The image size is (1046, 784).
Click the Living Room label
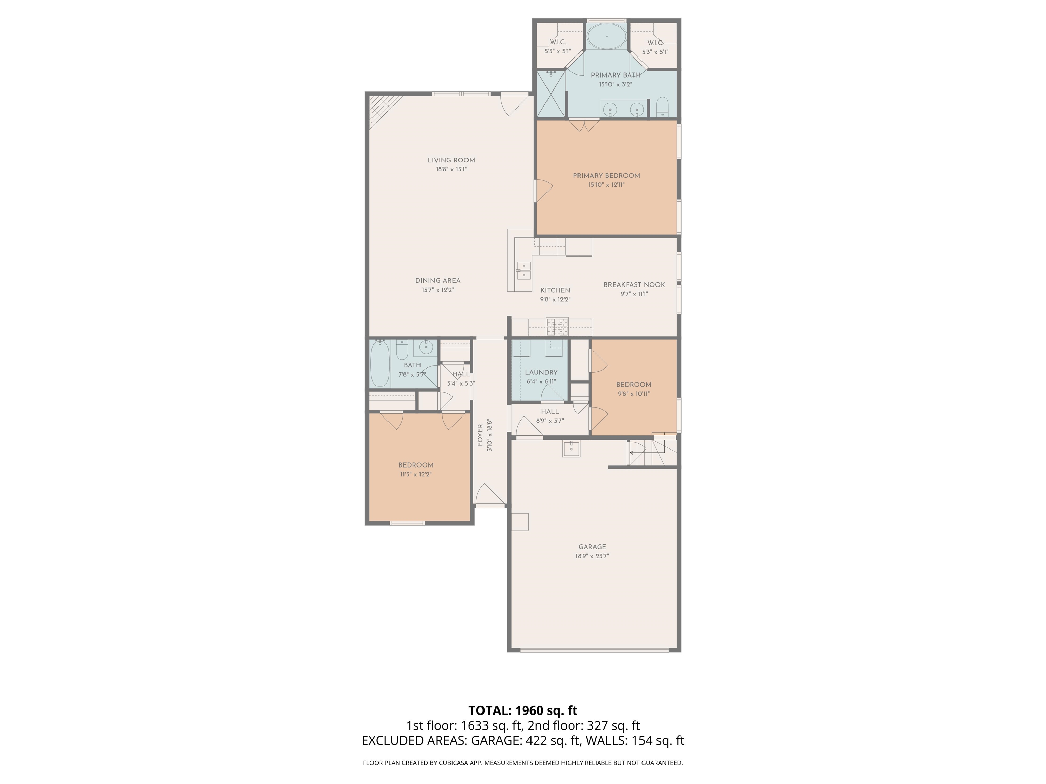[x=451, y=160]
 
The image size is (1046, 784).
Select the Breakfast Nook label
[x=634, y=285]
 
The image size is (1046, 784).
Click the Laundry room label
[x=541, y=372]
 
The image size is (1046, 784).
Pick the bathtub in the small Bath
[x=380, y=363]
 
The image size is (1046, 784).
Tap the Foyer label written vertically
[x=480, y=435]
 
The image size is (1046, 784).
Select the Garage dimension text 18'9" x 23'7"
[x=592, y=556]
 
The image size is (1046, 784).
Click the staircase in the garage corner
[x=650, y=453]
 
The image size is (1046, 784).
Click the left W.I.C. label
[x=557, y=43]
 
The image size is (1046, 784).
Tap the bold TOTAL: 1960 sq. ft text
[x=523, y=711]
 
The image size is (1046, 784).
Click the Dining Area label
[x=438, y=281]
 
